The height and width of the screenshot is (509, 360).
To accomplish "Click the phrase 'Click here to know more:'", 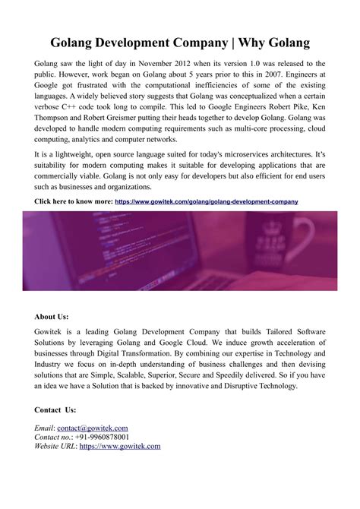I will pos(74,201).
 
